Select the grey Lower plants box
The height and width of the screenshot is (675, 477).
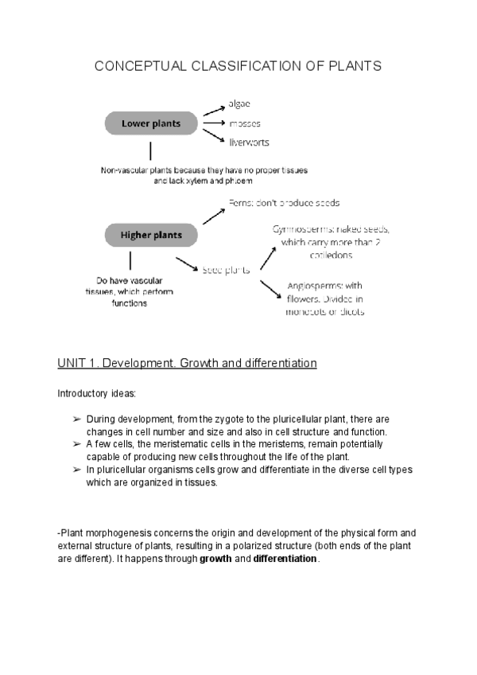point(150,123)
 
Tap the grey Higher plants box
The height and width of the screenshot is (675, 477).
point(150,235)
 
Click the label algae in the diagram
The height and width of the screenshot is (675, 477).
point(241,103)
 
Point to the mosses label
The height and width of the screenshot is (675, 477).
point(244,124)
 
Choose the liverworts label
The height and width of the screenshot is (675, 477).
point(249,142)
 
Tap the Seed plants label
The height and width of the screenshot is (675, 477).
point(227,270)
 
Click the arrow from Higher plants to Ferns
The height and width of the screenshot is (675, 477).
point(211,213)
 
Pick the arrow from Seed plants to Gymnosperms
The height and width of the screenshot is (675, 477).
point(267,256)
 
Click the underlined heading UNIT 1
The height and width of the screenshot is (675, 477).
point(187,364)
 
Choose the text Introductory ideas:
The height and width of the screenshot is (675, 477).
point(91,393)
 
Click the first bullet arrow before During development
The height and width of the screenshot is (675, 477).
point(76,419)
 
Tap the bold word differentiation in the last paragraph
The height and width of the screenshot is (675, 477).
point(285,559)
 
